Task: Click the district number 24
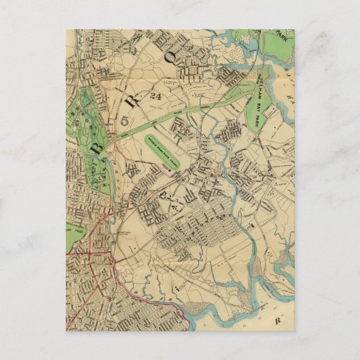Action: pyautogui.click(x=158, y=95)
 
